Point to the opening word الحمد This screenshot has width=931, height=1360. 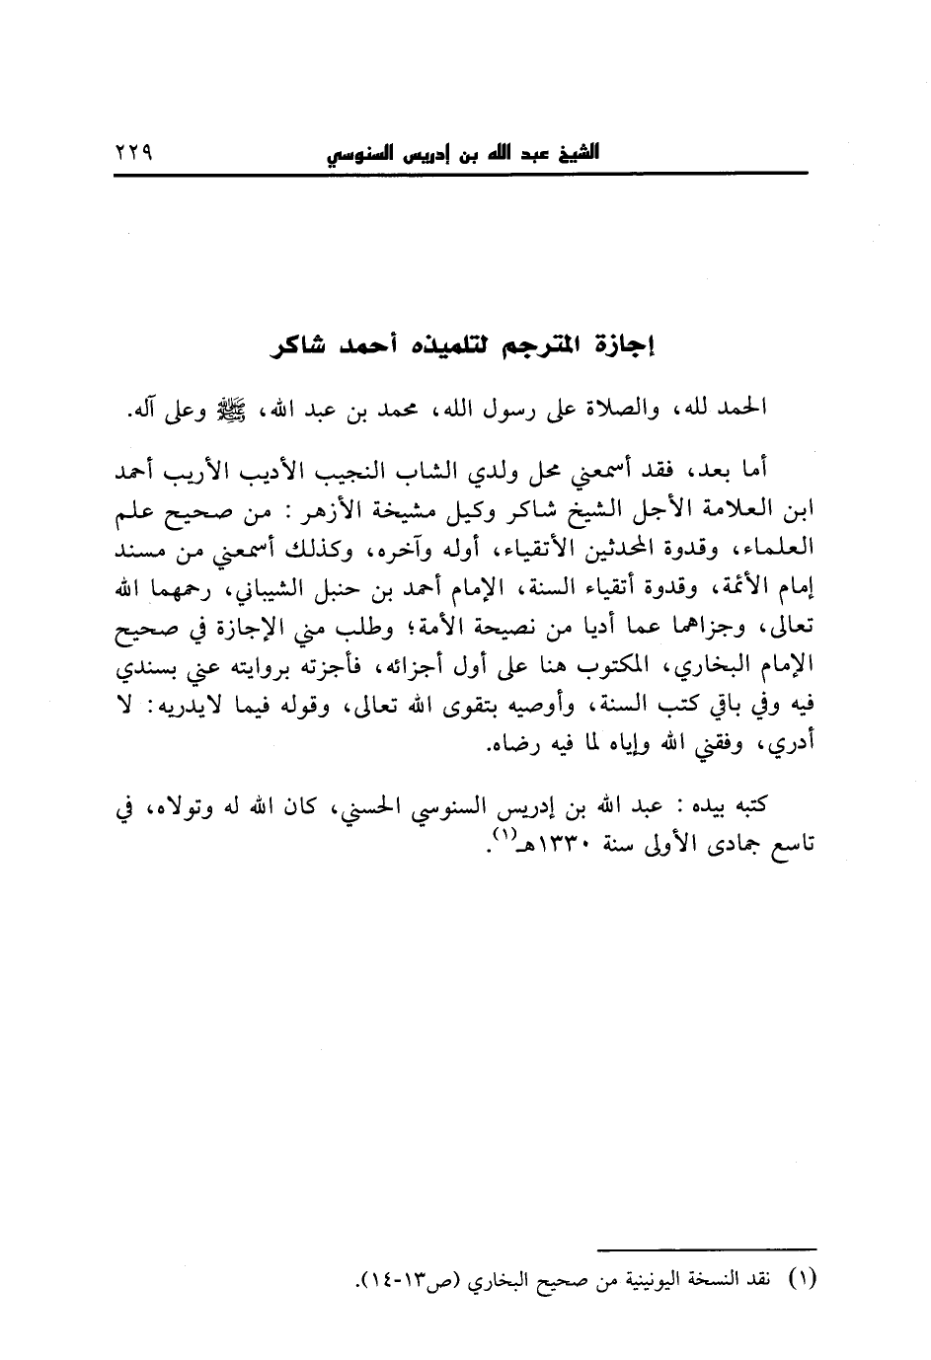pyautogui.click(x=743, y=407)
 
